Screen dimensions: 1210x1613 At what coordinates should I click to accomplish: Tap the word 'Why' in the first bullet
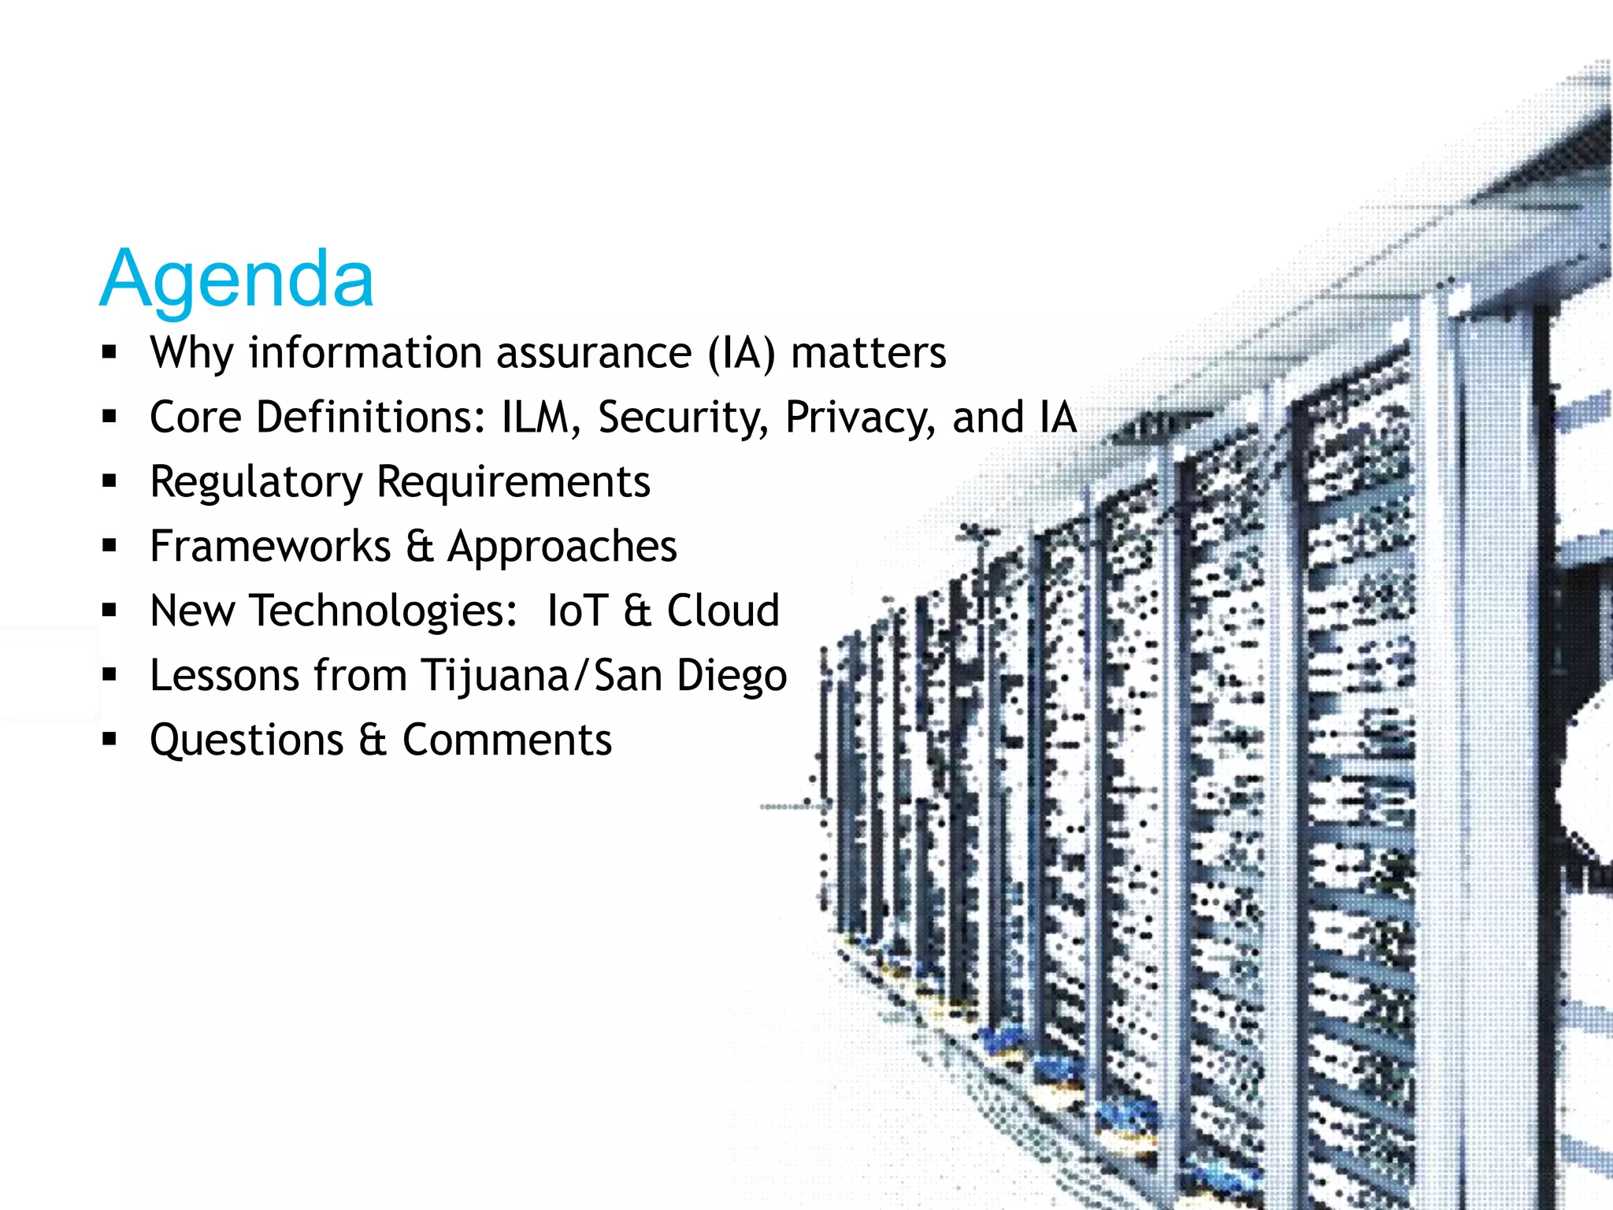[191, 353]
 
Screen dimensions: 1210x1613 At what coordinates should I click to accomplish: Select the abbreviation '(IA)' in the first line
[740, 353]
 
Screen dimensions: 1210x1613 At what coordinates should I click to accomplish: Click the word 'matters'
[868, 353]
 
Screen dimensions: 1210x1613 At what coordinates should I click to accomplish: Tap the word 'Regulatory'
[256, 482]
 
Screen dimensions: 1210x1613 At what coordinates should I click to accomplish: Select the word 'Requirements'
[514, 482]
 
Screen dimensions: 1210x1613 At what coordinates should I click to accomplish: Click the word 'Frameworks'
[270, 547]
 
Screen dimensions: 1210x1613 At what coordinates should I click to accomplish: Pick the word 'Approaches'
[562, 547]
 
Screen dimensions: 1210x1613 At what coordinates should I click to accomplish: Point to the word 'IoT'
[577, 611]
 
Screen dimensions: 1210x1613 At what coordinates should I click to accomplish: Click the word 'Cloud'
[723, 611]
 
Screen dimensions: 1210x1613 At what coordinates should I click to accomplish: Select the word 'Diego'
[732, 676]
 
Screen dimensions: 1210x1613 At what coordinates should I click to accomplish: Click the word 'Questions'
[247, 740]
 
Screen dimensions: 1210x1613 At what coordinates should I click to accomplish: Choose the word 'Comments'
[507, 740]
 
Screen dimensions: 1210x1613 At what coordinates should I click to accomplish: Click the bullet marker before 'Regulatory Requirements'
[109, 481]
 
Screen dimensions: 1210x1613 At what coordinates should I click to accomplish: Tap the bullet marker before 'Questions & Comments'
[109, 739]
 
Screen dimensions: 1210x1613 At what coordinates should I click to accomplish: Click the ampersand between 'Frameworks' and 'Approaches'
[420, 547]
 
